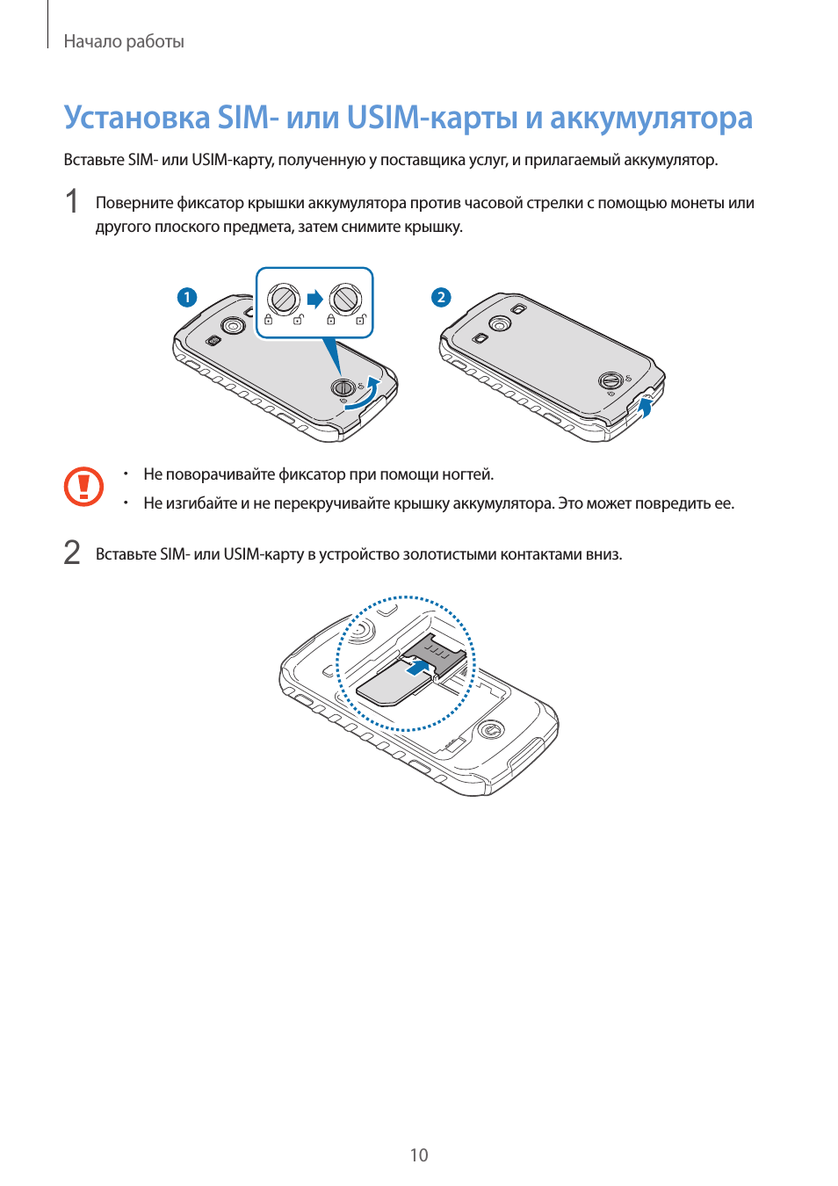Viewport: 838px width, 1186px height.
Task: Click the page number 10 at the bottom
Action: (x=419, y=1154)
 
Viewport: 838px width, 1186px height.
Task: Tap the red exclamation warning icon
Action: (x=83, y=486)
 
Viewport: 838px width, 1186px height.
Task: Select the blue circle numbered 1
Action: (x=187, y=297)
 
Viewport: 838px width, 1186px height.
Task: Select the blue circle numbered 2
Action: (x=442, y=297)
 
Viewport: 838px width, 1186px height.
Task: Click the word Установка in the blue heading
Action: (x=137, y=118)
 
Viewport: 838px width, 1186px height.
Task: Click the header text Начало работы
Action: (x=124, y=41)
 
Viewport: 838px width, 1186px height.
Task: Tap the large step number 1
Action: (x=71, y=202)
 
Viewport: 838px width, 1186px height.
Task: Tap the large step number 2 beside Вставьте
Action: (x=72, y=553)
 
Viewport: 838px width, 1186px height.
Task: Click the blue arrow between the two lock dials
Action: (x=315, y=300)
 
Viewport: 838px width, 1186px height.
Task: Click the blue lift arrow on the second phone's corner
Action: (x=644, y=409)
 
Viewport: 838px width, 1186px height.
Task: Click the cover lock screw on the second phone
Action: (x=610, y=381)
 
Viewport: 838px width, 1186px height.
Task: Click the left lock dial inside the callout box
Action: (x=283, y=300)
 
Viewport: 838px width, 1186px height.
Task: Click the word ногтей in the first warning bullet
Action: (x=467, y=474)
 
